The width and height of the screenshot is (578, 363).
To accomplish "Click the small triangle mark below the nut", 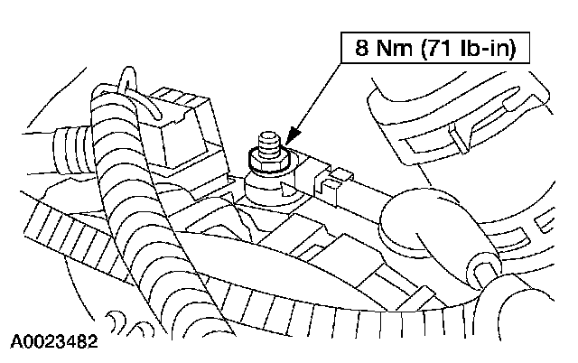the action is coord(286,190).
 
